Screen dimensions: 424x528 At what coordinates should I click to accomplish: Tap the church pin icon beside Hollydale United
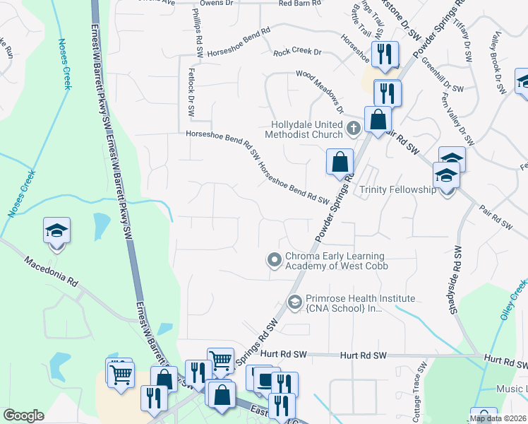(354, 128)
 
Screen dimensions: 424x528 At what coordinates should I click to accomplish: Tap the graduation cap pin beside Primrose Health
(294, 303)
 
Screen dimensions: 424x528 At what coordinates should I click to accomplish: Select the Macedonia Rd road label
(50, 270)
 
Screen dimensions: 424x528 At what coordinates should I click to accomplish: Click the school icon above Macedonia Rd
(56, 232)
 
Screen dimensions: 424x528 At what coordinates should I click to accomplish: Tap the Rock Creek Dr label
(296, 52)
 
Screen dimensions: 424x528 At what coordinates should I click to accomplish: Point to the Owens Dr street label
(216, 4)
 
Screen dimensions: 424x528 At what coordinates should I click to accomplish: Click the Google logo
(23, 416)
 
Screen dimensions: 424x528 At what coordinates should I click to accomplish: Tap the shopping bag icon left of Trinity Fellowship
(340, 162)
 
